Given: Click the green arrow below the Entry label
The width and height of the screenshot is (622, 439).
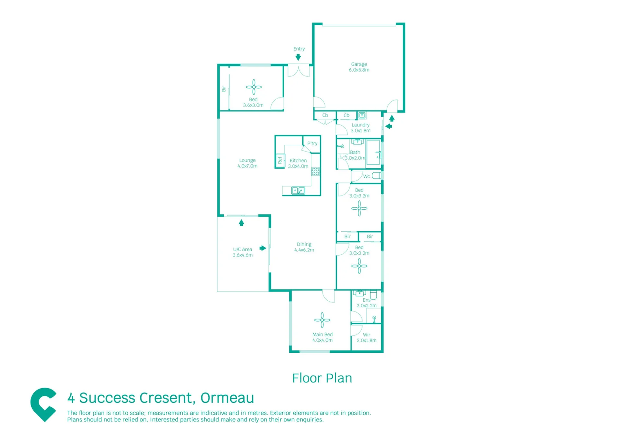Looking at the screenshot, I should click(298, 58).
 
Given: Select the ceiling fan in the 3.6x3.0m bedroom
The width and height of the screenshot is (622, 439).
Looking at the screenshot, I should click(253, 87).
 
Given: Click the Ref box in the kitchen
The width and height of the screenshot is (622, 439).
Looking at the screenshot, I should click(279, 161).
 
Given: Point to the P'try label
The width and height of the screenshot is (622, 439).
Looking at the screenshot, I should click(312, 143).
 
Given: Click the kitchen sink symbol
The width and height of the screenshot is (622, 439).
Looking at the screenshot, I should click(298, 190).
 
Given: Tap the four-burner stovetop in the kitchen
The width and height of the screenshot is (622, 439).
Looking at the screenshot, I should click(315, 172).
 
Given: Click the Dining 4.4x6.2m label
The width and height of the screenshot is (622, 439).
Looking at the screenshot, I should click(304, 247).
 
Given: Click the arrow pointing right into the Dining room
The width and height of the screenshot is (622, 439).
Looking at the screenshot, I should click(263, 248).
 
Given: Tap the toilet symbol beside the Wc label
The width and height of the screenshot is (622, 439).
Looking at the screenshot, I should click(377, 176).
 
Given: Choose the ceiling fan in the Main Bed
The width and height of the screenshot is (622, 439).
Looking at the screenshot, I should click(322, 320).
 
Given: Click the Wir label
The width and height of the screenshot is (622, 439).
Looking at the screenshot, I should click(367, 335).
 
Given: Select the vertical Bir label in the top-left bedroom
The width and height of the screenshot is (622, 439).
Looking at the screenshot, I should click(224, 89).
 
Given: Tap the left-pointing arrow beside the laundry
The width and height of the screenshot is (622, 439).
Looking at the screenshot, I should click(388, 126).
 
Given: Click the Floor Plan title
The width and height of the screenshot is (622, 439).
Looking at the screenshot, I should click(322, 378).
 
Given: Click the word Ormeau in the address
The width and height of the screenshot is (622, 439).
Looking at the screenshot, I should click(227, 398).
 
